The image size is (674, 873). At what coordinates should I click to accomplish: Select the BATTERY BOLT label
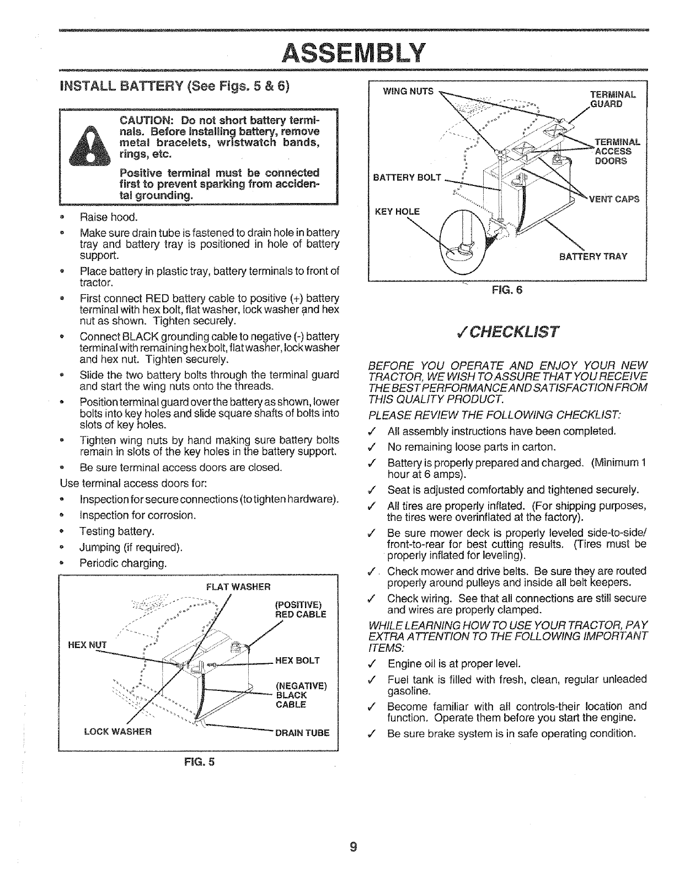(408, 177)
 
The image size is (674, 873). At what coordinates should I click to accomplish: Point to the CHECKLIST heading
(506, 332)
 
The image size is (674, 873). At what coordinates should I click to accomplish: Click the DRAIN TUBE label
(302, 732)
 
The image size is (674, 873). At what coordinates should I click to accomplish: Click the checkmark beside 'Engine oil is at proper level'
(376, 663)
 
